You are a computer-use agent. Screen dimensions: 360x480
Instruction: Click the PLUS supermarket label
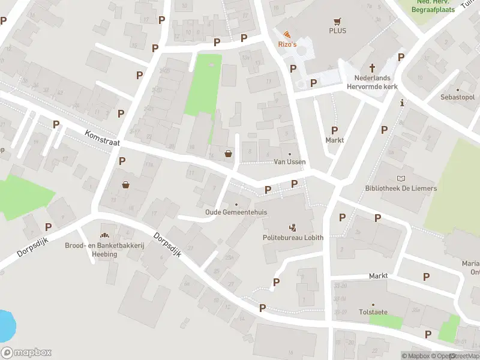tap(337, 31)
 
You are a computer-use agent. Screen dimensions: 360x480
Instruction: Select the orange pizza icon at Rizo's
tap(287, 35)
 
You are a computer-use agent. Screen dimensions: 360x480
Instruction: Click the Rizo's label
tap(287, 45)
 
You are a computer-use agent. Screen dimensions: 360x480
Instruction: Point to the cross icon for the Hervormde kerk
tap(372, 68)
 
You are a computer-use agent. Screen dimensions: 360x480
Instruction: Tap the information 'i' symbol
tap(401, 103)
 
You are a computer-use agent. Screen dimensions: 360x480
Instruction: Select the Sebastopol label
tap(457, 97)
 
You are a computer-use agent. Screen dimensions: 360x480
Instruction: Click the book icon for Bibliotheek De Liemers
tap(401, 178)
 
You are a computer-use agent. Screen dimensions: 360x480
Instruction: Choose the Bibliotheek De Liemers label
tap(401, 188)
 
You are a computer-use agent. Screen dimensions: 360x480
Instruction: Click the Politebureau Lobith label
tap(293, 238)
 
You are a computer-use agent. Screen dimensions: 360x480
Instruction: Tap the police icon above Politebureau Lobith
tap(293, 227)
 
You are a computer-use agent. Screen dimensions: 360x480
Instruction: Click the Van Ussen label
tap(290, 162)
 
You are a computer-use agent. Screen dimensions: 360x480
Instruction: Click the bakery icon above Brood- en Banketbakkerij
tap(105, 235)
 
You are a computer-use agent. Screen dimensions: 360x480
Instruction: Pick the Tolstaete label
tap(372, 312)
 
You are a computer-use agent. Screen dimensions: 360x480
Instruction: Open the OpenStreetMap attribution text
tap(456, 356)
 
